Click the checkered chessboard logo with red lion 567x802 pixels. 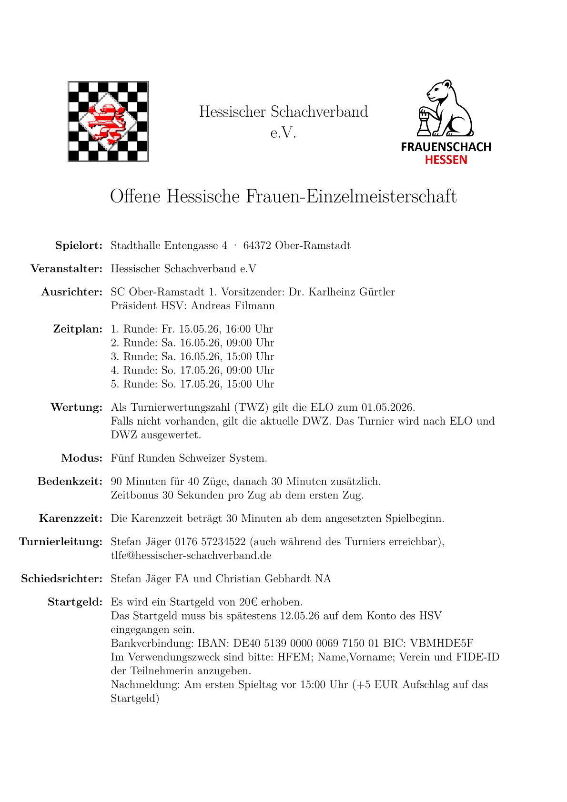pyautogui.click(x=108, y=122)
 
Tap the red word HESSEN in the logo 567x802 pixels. pyautogui.click(x=446, y=160)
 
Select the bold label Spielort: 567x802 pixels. pyautogui.click(x=79, y=246)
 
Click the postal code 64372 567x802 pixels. pyautogui.click(x=257, y=246)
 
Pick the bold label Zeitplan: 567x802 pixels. pyautogui.click(x=78, y=329)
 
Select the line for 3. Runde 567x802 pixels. pyautogui.click(x=192, y=357)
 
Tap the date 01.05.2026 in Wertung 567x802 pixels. pyautogui.click(x=388, y=408)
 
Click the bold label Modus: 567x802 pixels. pyautogui.click(x=81, y=458)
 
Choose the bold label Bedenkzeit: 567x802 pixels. pyautogui.click(x=70, y=482)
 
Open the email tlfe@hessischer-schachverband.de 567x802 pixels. pyautogui.click(x=191, y=556)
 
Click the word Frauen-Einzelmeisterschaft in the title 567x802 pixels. pyautogui.click(x=351, y=196)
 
